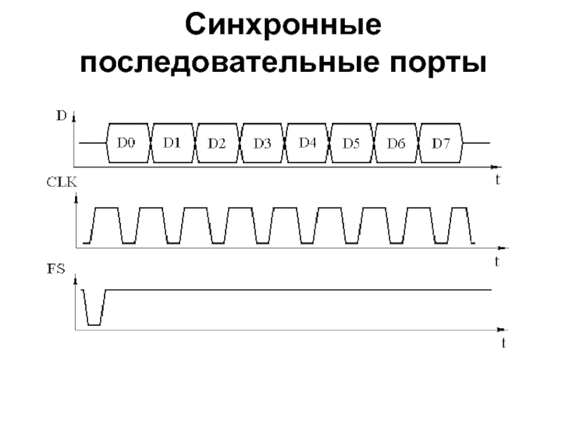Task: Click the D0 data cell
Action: click(x=126, y=143)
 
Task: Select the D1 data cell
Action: click(x=172, y=143)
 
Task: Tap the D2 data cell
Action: click(x=216, y=143)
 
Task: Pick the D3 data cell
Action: click(x=262, y=143)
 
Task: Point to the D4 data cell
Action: click(x=307, y=143)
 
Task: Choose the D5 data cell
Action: click(x=351, y=143)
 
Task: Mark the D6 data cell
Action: click(x=396, y=143)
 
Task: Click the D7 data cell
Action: click(x=440, y=143)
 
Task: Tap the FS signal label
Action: click(x=55, y=267)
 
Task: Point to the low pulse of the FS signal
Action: click(x=93, y=324)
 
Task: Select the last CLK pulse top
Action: click(x=459, y=209)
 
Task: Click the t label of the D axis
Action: click(x=497, y=180)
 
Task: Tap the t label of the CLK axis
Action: click(x=497, y=262)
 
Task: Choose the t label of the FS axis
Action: click(x=503, y=343)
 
